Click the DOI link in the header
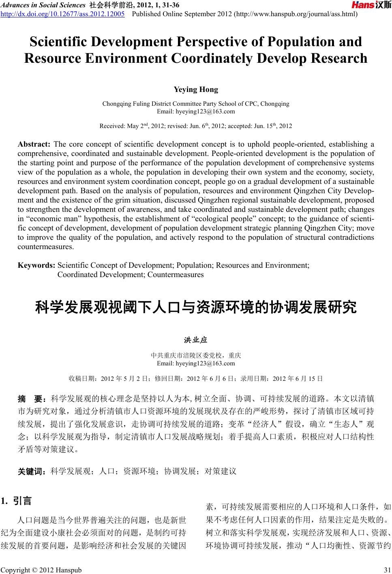click(x=62, y=15)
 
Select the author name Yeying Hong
click(x=196, y=90)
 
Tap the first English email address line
click(x=196, y=111)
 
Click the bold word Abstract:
click(x=34, y=144)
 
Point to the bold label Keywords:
click(x=36, y=266)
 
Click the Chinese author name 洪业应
click(x=196, y=339)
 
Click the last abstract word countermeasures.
click(x=46, y=246)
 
